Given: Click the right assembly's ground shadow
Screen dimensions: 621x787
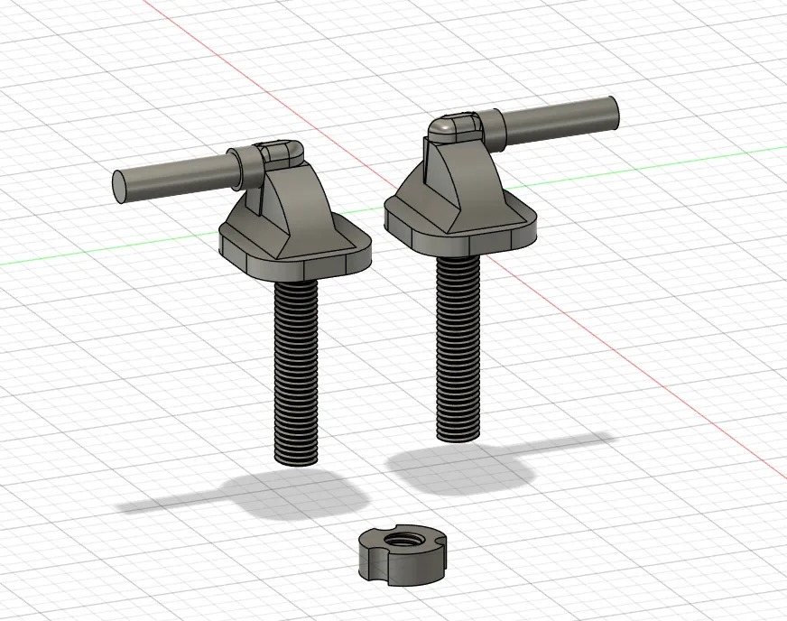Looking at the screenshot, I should (469, 469).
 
